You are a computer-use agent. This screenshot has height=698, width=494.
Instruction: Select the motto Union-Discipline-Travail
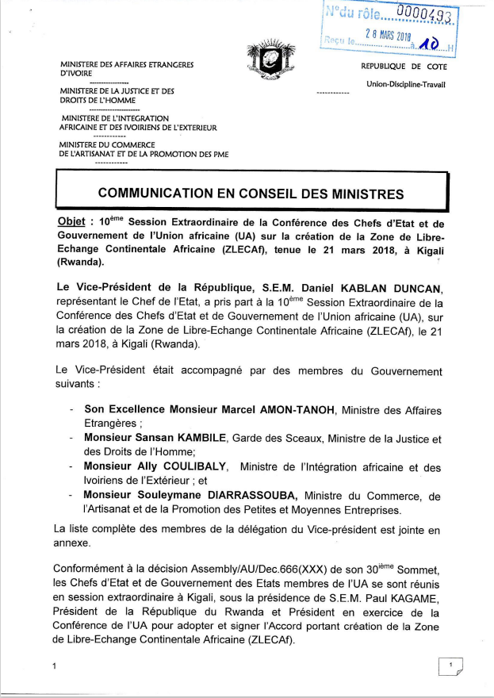[x=406, y=84]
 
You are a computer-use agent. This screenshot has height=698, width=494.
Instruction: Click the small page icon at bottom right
[x=450, y=667]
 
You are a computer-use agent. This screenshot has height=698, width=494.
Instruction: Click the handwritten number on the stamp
[x=427, y=48]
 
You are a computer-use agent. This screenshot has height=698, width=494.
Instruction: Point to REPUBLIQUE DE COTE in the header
[x=404, y=67]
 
